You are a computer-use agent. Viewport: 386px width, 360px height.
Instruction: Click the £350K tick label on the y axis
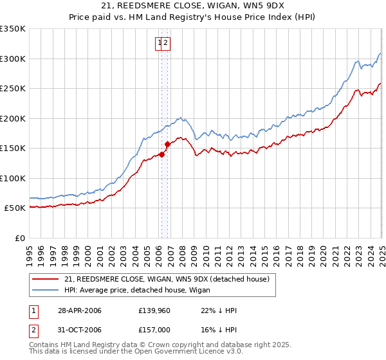[x=13, y=29]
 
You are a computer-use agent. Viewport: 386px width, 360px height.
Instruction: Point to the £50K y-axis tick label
[x=15, y=208]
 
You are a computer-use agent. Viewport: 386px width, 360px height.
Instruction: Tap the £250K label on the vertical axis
[x=13, y=89]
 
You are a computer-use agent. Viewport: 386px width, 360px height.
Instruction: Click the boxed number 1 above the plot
[x=158, y=43]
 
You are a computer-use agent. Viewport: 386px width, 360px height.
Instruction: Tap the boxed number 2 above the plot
[x=165, y=43]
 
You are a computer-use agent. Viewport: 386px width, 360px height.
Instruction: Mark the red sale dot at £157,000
[x=168, y=144]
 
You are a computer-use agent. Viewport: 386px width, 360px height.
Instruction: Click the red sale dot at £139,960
[x=162, y=154]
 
